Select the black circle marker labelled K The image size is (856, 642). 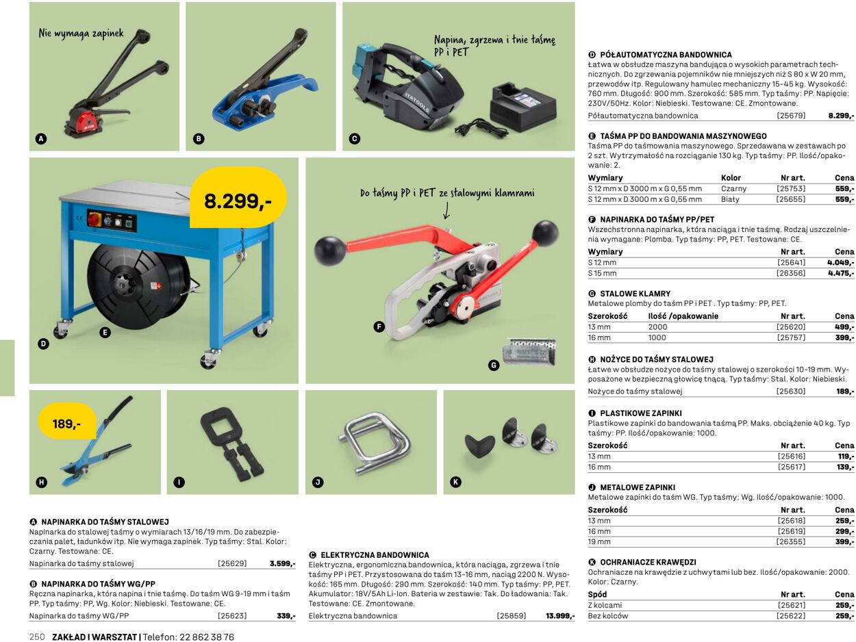point(455,482)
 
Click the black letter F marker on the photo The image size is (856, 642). point(379,326)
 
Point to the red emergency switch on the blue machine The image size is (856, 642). point(95,219)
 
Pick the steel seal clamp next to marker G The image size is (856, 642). point(529,352)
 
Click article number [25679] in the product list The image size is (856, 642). point(791,116)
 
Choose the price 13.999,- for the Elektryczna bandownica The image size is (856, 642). point(560,616)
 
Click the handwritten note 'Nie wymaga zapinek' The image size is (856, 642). point(81,34)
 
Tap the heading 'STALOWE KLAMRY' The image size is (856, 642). point(635,294)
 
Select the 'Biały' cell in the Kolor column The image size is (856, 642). point(730,199)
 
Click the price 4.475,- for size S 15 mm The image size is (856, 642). point(841,273)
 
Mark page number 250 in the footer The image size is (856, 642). point(37,637)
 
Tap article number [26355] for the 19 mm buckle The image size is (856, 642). point(791,541)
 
